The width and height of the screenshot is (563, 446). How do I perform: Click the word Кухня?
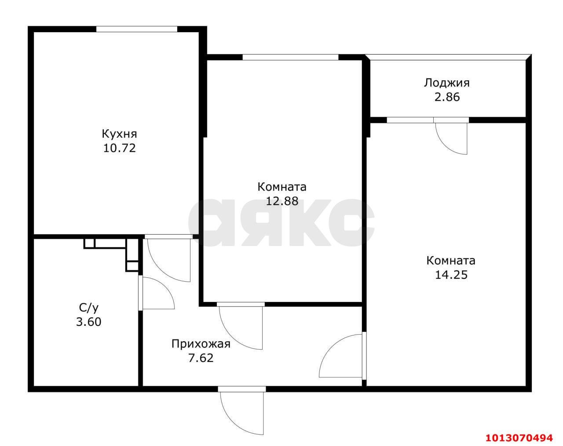coord(119,133)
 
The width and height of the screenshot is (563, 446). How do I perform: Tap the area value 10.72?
coord(119,148)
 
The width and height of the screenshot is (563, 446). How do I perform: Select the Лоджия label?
coord(446,83)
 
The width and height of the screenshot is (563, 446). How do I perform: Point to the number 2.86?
coord(447,97)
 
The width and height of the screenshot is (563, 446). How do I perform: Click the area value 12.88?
coord(282,201)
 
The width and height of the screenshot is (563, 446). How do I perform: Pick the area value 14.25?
coord(451,275)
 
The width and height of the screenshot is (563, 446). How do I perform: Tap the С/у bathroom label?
coord(88,308)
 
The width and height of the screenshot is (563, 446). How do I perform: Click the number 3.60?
coord(88,322)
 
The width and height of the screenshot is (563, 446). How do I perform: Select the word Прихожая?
coord(201,344)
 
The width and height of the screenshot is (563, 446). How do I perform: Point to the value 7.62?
coord(201,358)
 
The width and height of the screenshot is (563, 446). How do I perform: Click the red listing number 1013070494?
coord(519,438)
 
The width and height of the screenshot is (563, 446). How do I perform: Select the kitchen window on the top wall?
coord(137,29)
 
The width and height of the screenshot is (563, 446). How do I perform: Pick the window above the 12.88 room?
coord(290,57)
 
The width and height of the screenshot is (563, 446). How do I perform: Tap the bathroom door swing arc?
coord(158,293)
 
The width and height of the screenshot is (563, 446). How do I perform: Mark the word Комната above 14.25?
coord(451,261)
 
